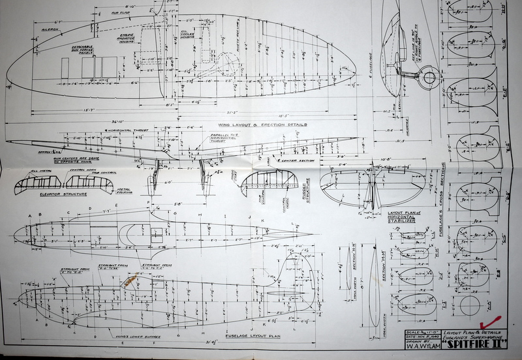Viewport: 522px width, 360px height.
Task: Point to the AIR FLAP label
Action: click(120, 12)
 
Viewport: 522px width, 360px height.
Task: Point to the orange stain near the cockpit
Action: click(130, 282)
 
